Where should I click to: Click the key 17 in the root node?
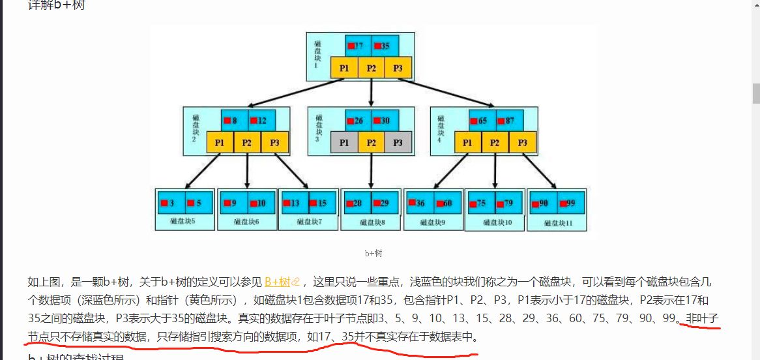click(358, 46)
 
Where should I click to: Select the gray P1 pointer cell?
click(344, 143)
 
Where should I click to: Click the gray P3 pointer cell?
click(398, 143)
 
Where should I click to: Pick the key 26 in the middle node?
click(358, 121)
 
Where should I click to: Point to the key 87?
click(509, 121)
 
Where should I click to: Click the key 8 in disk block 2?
click(234, 121)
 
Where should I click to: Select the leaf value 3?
click(171, 203)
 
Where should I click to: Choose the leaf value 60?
click(447, 203)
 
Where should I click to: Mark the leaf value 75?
click(481, 203)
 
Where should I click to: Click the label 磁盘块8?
click(372, 222)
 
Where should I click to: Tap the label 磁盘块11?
click(557, 222)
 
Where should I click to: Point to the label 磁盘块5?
click(183, 222)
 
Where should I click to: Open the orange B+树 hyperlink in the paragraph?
click(278, 282)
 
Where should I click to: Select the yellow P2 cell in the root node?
click(371, 68)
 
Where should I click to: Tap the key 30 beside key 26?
click(385, 121)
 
